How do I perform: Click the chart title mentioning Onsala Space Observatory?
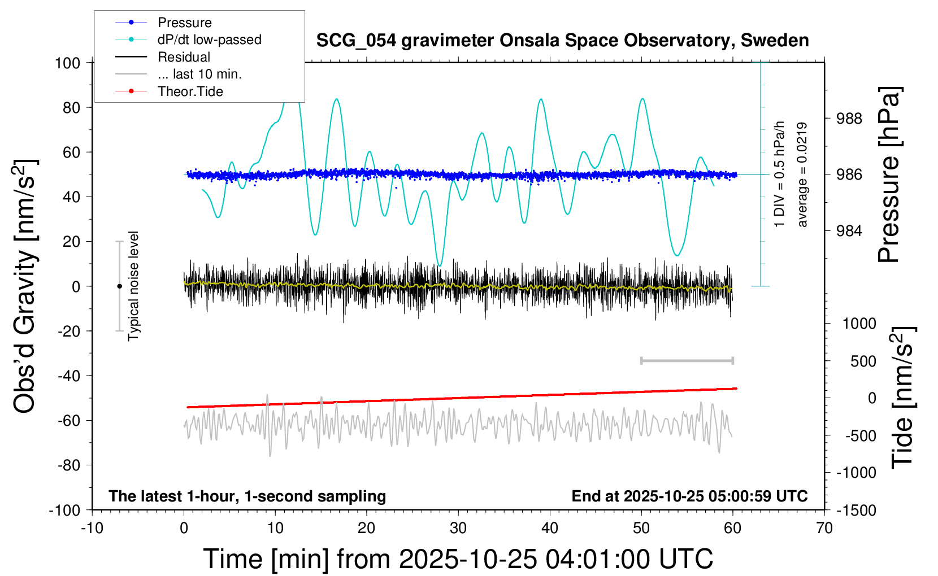point(562,41)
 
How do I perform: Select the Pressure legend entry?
point(184,23)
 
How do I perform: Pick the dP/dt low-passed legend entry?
point(209,40)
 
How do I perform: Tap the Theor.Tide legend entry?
point(190,91)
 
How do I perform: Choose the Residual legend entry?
point(184,57)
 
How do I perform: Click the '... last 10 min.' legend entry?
point(199,74)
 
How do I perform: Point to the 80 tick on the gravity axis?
point(71,107)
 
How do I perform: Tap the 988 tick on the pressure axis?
point(849,119)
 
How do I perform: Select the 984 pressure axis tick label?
point(849,230)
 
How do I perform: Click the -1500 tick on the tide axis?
point(856,510)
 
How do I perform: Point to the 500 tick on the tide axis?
point(863,361)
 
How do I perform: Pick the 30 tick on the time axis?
point(458,529)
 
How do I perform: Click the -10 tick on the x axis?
point(92,529)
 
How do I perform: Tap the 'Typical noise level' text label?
point(133,286)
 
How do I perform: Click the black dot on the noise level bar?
point(119,286)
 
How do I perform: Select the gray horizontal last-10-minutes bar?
point(687,361)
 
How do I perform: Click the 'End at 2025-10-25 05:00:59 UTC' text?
point(689,496)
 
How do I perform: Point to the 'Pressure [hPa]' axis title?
point(889,174)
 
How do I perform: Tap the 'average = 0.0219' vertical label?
point(802,174)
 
